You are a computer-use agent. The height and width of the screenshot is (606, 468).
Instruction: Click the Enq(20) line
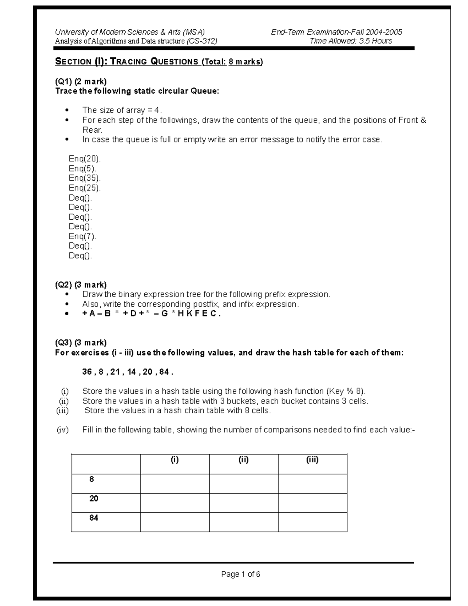click(x=85, y=159)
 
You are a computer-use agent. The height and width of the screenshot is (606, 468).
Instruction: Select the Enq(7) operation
click(x=82, y=236)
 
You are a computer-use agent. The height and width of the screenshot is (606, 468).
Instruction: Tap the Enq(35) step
click(x=85, y=178)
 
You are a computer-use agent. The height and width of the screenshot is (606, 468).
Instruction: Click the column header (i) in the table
click(x=175, y=460)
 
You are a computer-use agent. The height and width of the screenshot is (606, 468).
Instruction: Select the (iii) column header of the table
click(x=312, y=460)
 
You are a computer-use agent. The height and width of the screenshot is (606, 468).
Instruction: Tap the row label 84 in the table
click(x=94, y=518)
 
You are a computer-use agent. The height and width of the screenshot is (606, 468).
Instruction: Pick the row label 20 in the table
click(x=94, y=498)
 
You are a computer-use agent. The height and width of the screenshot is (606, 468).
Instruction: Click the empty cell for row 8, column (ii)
click(x=244, y=483)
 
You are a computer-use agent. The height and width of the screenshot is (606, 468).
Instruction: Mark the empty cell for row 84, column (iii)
click(x=312, y=522)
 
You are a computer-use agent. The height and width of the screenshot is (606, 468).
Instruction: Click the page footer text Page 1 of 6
click(x=241, y=574)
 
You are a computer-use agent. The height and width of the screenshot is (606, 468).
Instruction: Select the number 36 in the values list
click(x=87, y=371)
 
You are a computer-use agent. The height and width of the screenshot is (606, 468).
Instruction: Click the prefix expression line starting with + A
click(x=151, y=314)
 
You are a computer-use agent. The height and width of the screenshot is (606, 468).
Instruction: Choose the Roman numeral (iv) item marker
click(x=62, y=430)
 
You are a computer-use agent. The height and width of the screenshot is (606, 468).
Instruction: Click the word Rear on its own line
click(x=92, y=130)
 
